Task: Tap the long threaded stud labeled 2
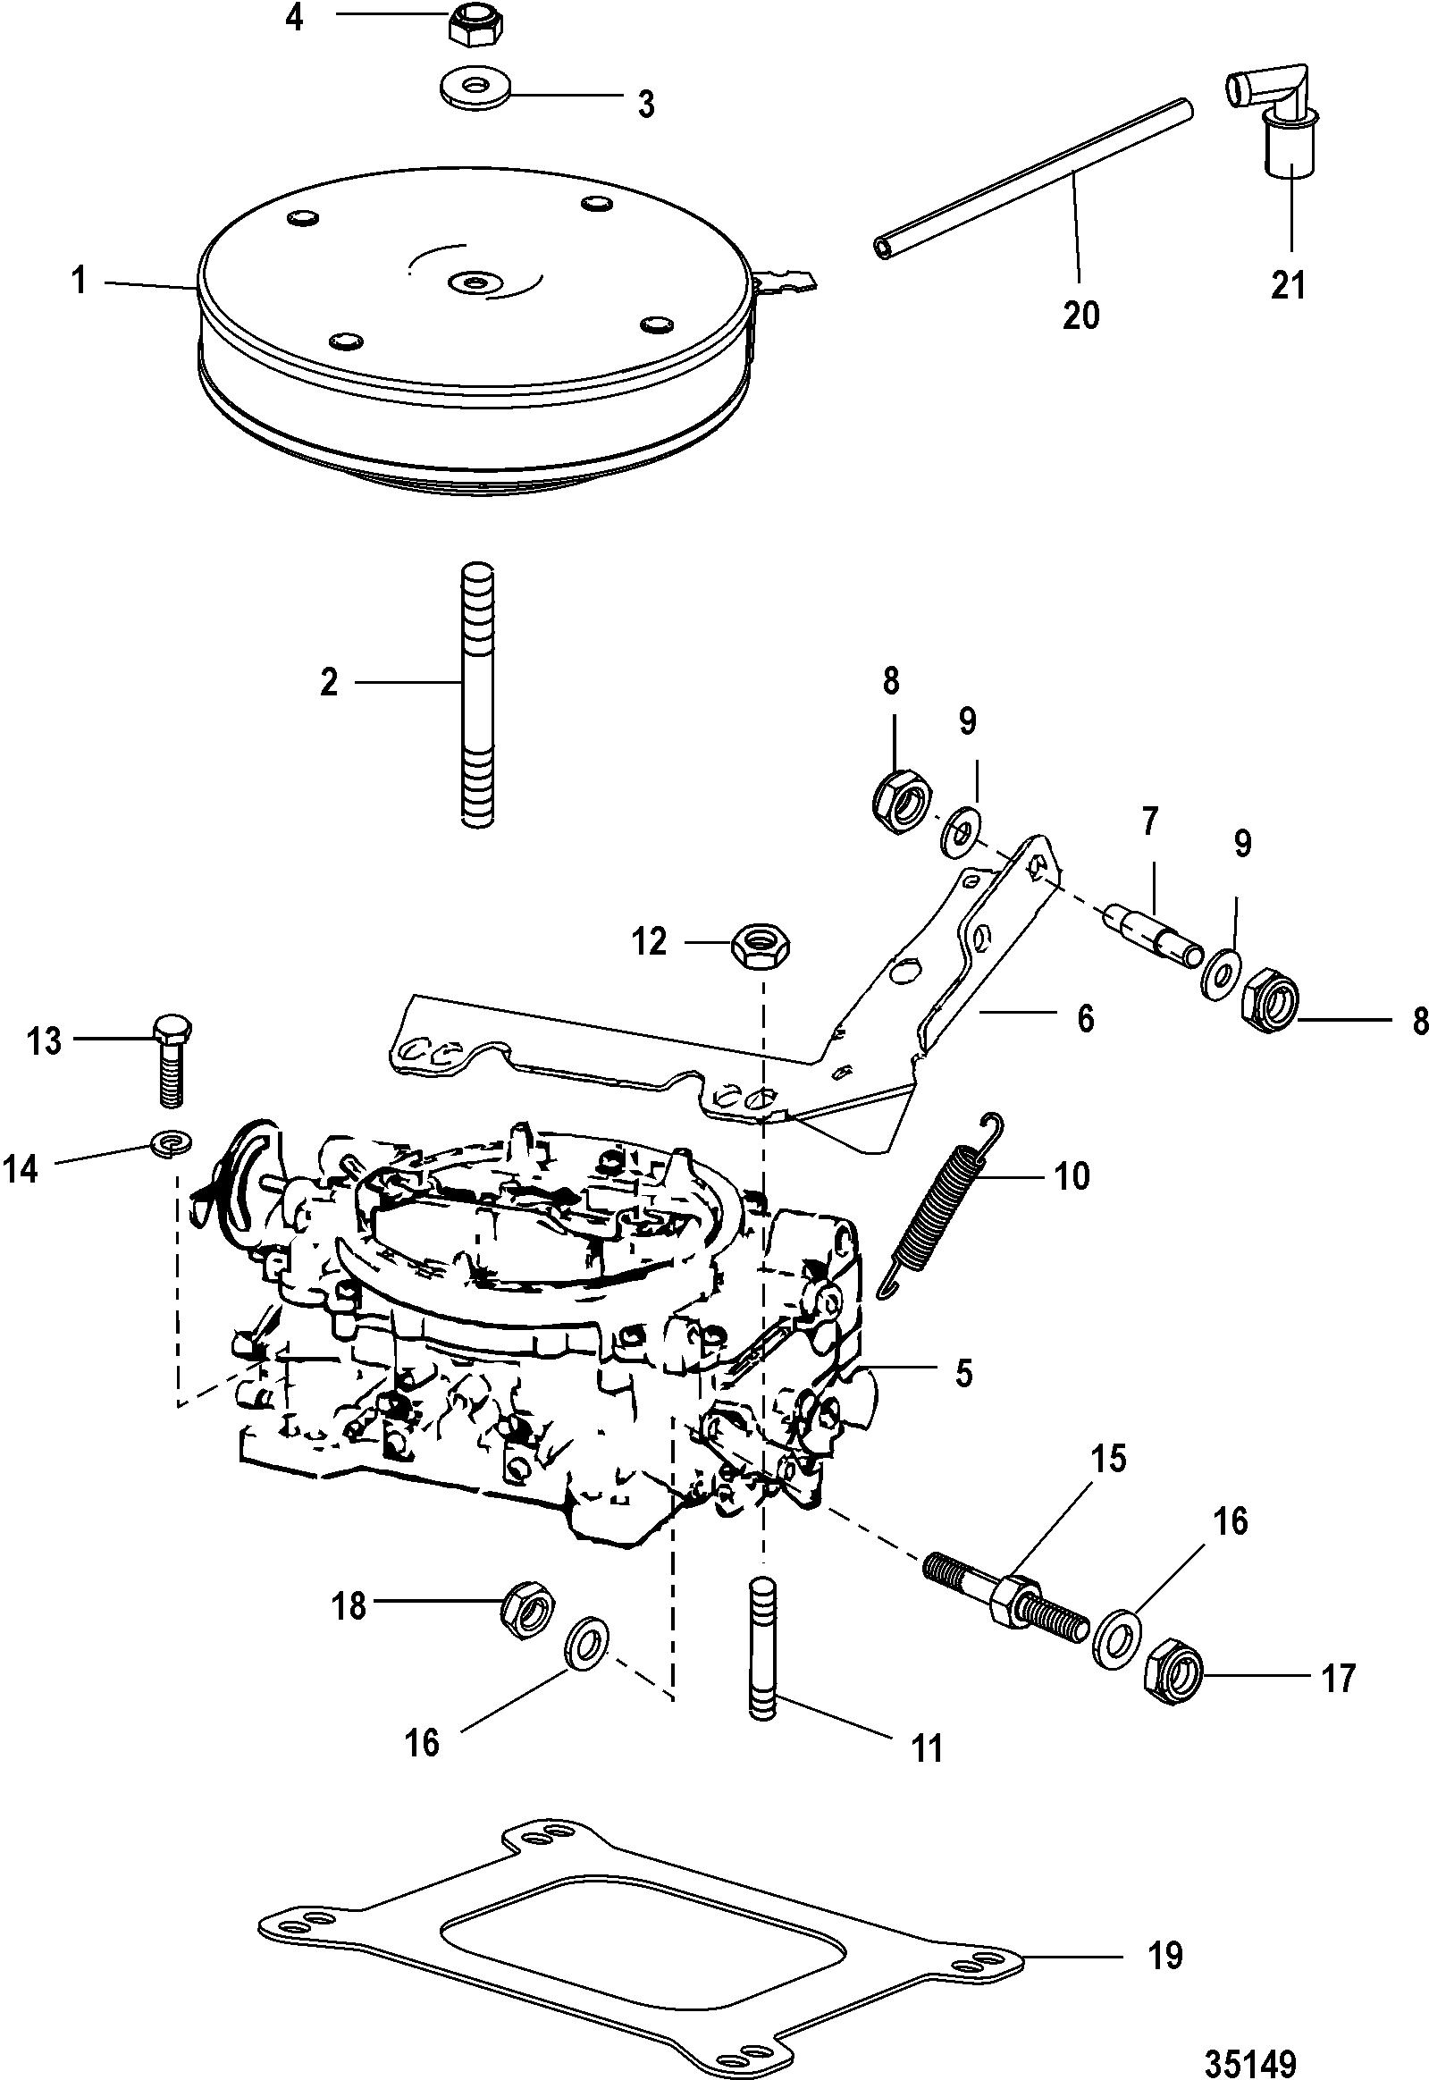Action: [x=477, y=694]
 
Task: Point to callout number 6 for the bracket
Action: [x=1085, y=1019]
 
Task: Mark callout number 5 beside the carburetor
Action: [x=962, y=1373]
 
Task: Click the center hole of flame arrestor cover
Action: [x=472, y=283]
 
